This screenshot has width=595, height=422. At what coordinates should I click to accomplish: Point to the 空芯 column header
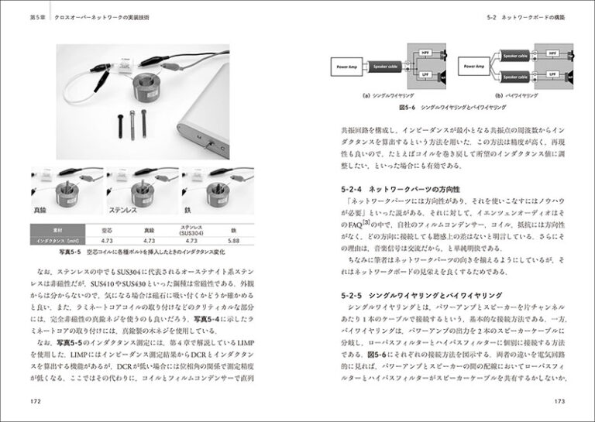(x=108, y=230)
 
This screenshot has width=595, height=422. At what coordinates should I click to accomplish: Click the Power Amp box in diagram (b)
(x=474, y=67)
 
